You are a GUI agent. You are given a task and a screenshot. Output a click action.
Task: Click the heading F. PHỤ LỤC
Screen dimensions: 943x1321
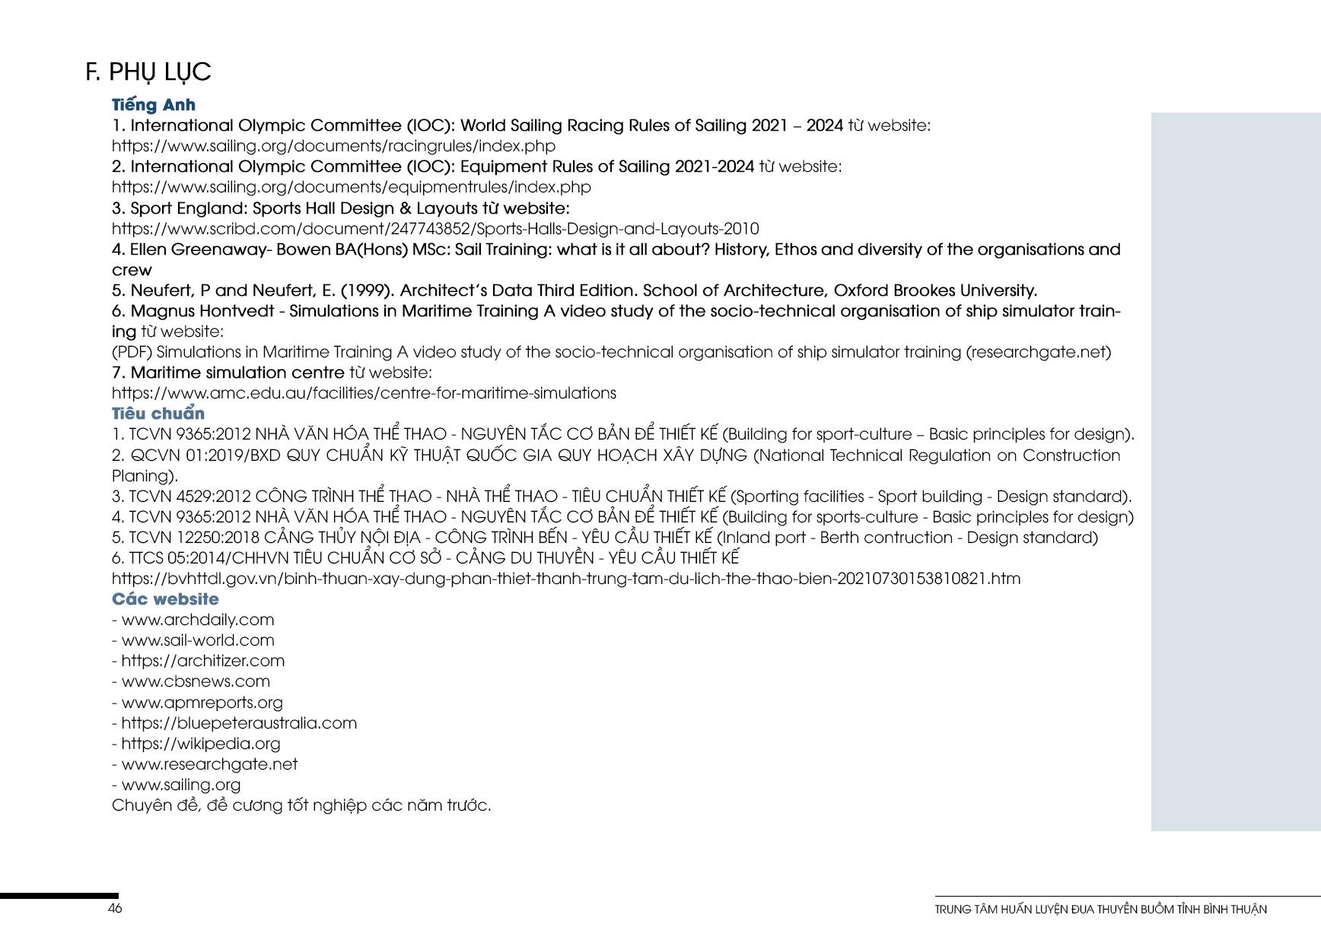148,71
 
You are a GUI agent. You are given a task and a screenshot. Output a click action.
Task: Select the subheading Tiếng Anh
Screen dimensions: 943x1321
153,105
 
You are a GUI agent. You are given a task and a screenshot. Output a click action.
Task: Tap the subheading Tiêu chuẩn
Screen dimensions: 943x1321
158,414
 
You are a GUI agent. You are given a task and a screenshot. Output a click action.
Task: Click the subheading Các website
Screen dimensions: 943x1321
164,599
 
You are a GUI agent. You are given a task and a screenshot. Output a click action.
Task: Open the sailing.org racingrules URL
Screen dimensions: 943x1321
333,146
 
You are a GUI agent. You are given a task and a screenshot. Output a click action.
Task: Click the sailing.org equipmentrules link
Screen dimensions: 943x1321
351,187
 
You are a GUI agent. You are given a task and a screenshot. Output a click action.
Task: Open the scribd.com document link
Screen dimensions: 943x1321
434,229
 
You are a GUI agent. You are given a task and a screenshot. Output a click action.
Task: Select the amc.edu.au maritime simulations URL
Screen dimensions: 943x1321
364,393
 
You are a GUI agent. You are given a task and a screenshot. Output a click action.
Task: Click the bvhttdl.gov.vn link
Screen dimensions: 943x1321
565,579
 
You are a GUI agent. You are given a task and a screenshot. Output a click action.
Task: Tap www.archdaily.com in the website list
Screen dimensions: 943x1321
197,620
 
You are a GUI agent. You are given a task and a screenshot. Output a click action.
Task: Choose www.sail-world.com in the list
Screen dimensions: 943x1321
197,640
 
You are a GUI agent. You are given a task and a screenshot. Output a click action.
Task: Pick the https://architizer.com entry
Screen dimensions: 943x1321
202,661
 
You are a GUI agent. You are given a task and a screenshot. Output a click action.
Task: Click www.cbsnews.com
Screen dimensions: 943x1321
196,681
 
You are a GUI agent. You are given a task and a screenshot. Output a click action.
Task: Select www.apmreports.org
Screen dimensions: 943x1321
202,703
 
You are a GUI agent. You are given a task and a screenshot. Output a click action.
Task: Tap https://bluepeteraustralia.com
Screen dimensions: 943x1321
238,723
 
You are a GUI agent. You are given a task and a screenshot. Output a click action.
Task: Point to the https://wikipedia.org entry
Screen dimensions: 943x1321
200,744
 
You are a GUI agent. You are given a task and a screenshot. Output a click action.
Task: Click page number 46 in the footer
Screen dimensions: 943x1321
115,909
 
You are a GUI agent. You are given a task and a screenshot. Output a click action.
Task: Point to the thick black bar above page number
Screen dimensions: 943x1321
59,897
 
